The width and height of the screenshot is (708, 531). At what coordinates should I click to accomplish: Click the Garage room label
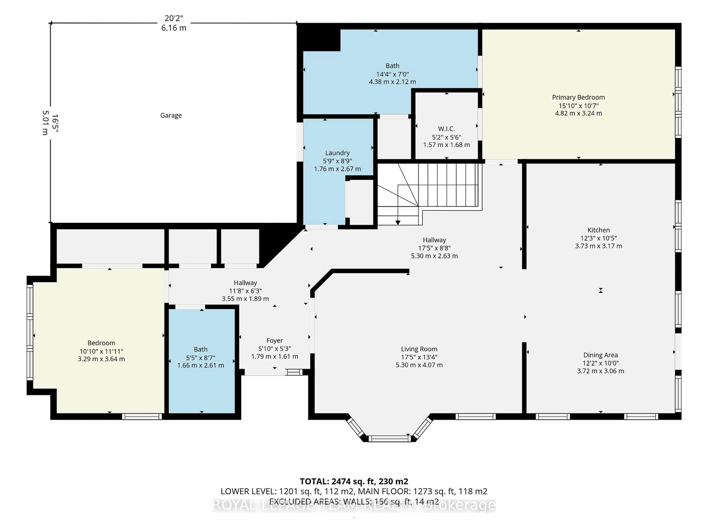171,115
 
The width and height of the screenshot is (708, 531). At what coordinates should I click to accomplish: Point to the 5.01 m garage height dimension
45,123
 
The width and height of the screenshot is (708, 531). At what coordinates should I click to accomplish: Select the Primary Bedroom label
578,97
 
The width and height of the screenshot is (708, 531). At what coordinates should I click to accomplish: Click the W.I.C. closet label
447,129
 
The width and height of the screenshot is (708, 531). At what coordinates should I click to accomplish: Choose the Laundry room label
337,153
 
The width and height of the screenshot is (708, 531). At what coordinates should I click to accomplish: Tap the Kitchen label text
598,230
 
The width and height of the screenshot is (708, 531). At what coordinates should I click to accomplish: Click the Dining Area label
601,355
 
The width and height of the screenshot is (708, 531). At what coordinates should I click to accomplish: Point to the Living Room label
419,349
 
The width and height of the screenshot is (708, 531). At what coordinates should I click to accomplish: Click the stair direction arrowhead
398,223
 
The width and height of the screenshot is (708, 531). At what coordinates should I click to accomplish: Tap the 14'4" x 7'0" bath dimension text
392,74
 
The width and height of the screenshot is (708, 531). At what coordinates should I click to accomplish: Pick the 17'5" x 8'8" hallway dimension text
434,248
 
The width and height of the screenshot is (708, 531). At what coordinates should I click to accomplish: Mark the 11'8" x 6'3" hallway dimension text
245,291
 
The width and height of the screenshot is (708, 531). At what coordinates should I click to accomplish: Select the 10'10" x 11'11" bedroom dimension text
101,351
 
